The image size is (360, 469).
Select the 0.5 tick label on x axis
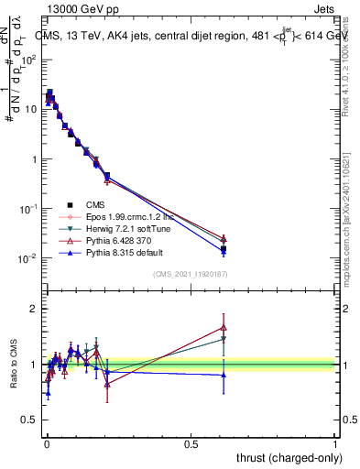tap(191, 442)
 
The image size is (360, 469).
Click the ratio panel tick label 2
tap(35, 309)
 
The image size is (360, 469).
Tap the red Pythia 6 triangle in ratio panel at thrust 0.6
tap(224, 327)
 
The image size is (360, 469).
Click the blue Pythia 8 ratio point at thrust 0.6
tap(224, 374)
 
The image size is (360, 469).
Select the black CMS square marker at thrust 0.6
tap(224, 248)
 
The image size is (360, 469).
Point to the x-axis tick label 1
tap(335, 442)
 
